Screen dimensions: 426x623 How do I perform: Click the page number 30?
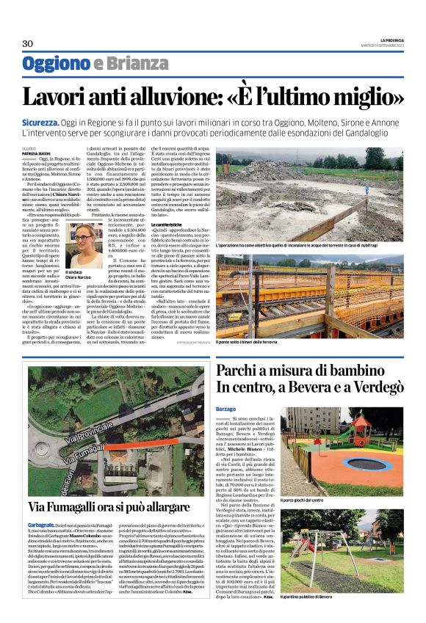pyautogui.click(x=27, y=43)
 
